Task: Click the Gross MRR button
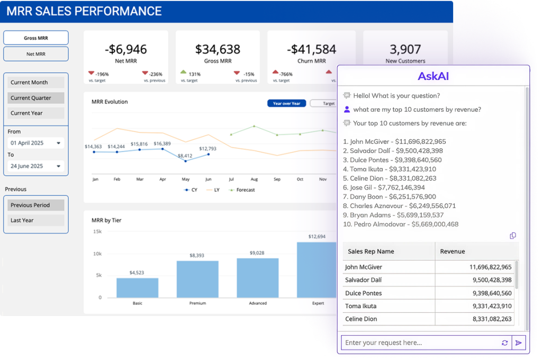tap(36, 38)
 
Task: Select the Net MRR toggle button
tap(36, 54)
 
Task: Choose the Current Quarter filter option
tap(36, 98)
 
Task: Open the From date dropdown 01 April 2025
tap(36, 143)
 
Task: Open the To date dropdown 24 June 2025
tap(36, 166)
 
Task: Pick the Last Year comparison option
tap(36, 220)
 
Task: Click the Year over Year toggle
tap(286, 103)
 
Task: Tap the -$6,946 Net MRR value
tap(125, 49)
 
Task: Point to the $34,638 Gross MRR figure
tap(218, 49)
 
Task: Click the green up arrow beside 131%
tap(184, 72)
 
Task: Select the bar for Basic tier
tap(137, 287)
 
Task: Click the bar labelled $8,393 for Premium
tap(197, 278)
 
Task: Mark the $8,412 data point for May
tap(185, 163)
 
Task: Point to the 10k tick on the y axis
tap(97, 254)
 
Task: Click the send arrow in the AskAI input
tap(519, 343)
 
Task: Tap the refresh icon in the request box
tap(505, 343)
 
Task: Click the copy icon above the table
tap(512, 236)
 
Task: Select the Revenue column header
tap(453, 251)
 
